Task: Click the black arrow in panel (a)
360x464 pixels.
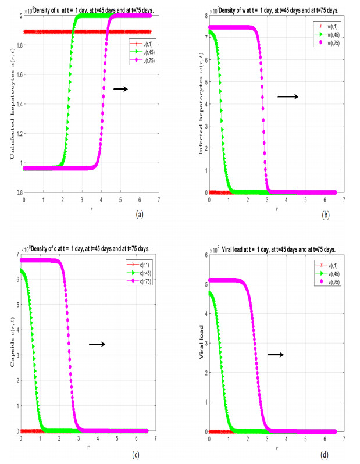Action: pos(120,89)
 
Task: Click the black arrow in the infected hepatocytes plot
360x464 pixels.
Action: pos(287,96)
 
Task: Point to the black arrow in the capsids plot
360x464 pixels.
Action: pos(97,344)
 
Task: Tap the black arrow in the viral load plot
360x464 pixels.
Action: pos(275,354)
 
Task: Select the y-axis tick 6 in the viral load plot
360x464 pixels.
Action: pos(204,254)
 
